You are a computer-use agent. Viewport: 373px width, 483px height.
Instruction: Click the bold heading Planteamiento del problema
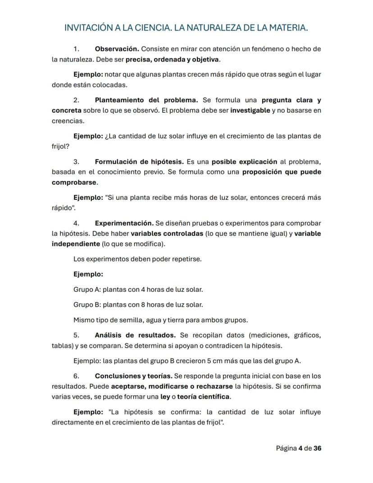click(146, 100)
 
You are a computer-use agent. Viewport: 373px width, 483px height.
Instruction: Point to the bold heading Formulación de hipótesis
click(139, 161)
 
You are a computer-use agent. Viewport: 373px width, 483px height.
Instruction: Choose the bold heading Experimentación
click(124, 223)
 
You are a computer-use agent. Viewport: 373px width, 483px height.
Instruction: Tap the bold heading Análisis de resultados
click(135, 335)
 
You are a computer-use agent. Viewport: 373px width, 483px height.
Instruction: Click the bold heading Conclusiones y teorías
click(133, 376)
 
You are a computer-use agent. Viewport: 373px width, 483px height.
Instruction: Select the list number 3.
click(76, 161)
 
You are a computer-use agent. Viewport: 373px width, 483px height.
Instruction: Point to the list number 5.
click(76, 335)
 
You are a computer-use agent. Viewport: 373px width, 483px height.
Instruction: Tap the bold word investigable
click(250, 110)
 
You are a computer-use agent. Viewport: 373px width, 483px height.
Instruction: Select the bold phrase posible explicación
click(244, 161)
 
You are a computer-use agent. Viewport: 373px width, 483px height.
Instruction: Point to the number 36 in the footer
click(317, 448)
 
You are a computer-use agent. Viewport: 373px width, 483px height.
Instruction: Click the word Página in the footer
click(287, 448)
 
